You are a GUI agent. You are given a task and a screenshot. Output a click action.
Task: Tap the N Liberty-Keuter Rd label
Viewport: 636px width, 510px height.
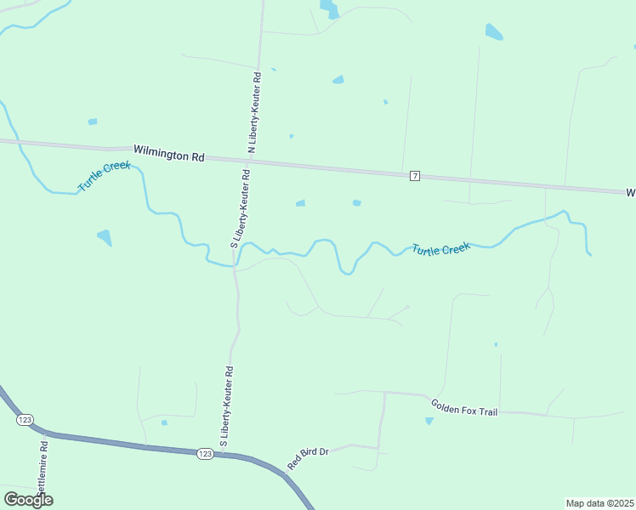coord(253,113)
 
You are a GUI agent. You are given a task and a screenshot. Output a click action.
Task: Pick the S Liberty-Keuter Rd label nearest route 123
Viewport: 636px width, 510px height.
coord(227,406)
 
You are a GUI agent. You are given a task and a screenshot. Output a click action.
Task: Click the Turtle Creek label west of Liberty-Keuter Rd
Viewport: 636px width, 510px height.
coord(105,175)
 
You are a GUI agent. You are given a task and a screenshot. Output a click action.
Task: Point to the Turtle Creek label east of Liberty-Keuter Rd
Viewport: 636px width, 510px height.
coord(441,249)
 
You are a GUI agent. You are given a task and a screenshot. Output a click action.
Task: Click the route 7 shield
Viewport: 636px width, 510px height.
coord(414,176)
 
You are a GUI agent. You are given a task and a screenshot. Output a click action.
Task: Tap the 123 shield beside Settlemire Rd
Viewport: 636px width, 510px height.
coord(25,420)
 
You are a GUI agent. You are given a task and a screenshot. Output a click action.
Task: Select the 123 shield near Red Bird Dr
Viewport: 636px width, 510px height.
coord(205,454)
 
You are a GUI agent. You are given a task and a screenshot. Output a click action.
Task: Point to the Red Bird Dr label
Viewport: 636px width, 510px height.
coord(308,458)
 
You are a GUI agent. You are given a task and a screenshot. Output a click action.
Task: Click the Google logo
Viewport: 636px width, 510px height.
coord(29,499)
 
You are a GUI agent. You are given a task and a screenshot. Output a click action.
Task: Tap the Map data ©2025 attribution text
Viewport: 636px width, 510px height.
coord(599,503)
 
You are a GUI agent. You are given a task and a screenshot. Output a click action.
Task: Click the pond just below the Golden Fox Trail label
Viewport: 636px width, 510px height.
coord(429,421)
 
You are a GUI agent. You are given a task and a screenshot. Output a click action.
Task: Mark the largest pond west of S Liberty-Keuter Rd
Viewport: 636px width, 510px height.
coord(105,237)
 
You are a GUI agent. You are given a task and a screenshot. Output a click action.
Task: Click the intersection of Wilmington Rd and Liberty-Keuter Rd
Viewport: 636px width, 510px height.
coord(252,160)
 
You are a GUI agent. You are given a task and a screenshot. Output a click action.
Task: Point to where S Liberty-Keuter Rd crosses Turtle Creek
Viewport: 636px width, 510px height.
coord(235,264)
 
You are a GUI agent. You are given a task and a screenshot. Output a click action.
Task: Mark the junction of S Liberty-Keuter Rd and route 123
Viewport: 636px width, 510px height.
coord(227,454)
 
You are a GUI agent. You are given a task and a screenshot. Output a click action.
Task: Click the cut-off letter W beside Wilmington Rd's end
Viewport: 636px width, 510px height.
coord(631,193)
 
